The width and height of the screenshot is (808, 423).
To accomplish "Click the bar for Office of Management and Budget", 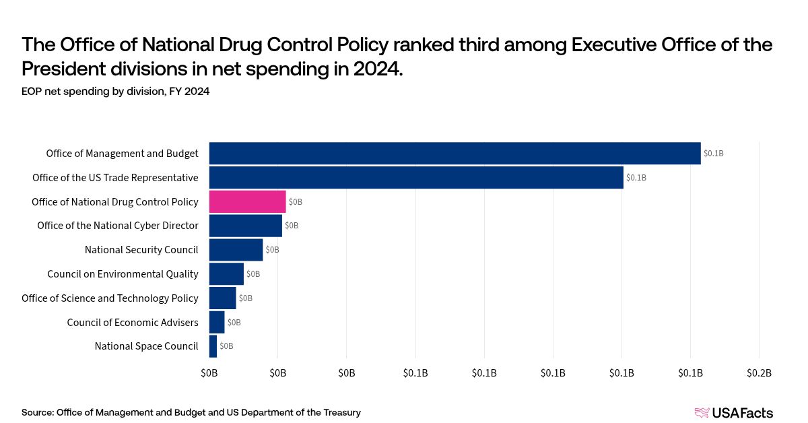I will [454, 154].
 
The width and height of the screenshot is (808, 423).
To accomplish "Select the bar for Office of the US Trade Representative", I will [416, 178].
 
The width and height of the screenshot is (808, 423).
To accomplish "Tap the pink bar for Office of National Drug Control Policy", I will [247, 202].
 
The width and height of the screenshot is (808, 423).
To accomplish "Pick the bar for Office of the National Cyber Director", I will [245, 226].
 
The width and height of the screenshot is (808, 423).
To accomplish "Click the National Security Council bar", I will [236, 250].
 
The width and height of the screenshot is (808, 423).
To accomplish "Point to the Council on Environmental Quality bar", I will [226, 274].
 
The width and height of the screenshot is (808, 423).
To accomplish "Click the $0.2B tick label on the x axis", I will [759, 373].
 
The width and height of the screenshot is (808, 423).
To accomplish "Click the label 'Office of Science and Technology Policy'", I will [110, 298].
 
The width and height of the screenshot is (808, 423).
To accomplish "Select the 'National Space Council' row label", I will [146, 346].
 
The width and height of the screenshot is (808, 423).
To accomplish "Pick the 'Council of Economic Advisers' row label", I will [133, 323].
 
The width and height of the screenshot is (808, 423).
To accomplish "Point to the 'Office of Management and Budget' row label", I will [122, 154].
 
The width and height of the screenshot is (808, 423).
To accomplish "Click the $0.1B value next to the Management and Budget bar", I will [713, 154].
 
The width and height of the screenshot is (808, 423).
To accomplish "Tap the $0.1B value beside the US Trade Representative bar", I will [636, 178].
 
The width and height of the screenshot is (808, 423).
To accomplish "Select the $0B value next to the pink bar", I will [296, 202].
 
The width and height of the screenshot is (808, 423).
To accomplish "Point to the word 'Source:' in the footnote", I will [38, 412].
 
